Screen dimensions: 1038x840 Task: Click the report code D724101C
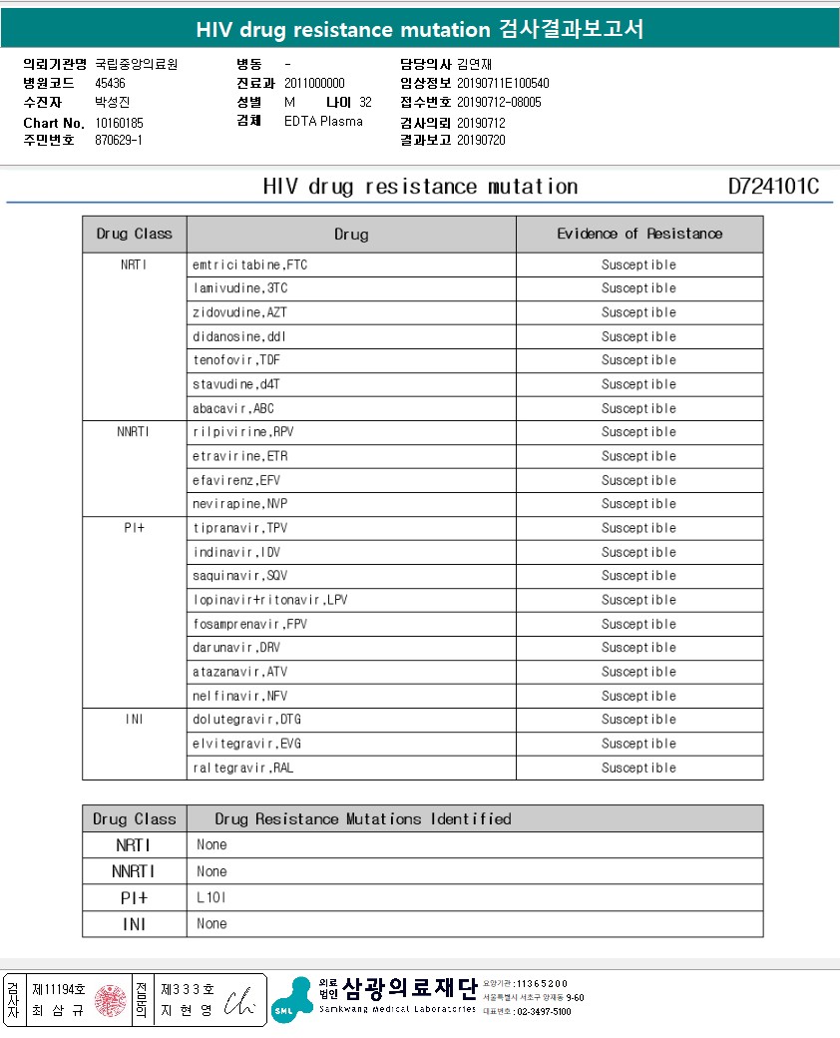click(773, 187)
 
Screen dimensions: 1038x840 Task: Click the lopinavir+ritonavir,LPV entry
click(269, 600)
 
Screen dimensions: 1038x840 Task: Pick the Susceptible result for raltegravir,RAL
click(638, 768)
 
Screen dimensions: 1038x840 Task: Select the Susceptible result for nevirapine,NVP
click(638, 504)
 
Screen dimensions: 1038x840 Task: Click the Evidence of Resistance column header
click(639, 234)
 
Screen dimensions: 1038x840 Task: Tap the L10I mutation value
click(211, 897)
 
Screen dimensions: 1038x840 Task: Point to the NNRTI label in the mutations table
click(134, 871)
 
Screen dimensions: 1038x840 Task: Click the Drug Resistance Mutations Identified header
click(363, 819)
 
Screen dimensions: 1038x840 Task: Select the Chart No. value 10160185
click(119, 123)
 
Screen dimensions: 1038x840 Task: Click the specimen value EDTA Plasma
click(323, 122)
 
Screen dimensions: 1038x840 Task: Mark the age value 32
click(365, 103)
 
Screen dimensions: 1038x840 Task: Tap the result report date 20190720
click(481, 141)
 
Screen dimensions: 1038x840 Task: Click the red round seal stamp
click(112, 1000)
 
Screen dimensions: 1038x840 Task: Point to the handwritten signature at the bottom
click(240, 1000)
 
